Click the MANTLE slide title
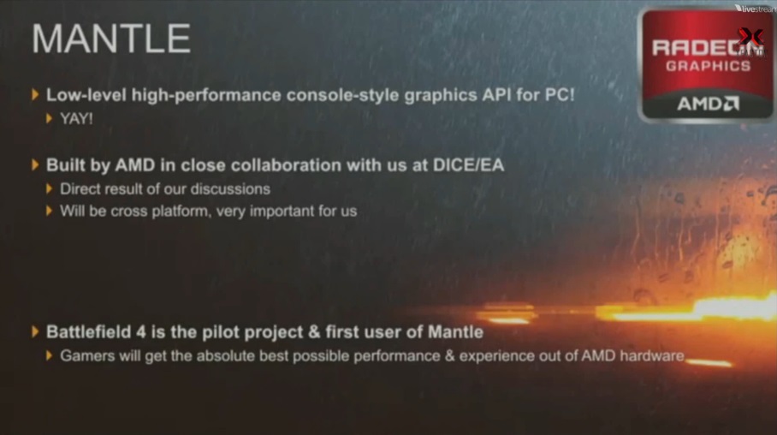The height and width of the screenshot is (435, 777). [x=111, y=39]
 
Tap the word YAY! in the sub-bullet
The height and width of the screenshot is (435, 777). [x=76, y=118]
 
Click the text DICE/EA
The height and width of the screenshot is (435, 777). [x=468, y=164]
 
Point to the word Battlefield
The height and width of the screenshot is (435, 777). [x=89, y=332]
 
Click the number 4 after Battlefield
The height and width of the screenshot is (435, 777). [x=141, y=332]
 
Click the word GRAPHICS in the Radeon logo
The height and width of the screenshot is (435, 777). [x=709, y=66]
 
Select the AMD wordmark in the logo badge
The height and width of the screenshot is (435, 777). [x=708, y=104]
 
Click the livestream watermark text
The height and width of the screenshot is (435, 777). [x=757, y=9]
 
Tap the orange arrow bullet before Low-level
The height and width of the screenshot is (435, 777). [x=35, y=94]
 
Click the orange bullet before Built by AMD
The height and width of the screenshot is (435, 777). [x=35, y=164]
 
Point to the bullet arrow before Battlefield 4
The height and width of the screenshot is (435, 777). [x=35, y=332]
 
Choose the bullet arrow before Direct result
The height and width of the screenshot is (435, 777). [x=49, y=188]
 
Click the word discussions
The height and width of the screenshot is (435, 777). [x=230, y=189]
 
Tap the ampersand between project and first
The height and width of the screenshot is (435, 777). [x=314, y=332]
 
